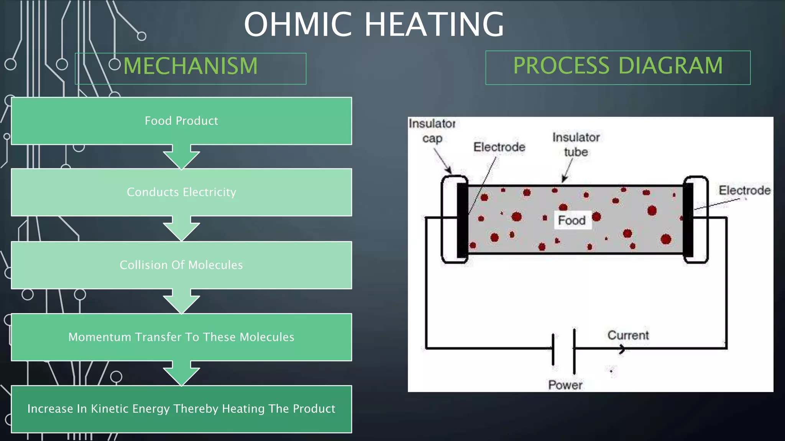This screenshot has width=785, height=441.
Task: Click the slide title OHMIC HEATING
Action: pos(374,24)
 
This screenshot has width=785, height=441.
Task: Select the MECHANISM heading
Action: pos(191,66)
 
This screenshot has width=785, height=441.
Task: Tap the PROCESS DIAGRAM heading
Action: pos(618,66)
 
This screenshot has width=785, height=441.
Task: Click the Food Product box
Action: pos(181,121)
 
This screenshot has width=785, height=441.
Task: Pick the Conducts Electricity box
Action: pos(181,192)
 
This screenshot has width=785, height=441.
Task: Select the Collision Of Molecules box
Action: pos(181,265)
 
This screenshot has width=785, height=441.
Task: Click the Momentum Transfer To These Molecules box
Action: pos(181,337)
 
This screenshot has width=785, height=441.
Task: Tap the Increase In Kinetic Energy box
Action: pos(181,409)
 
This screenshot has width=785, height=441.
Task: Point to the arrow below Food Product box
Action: pos(181,157)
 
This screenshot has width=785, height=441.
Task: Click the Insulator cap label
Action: pos(432,131)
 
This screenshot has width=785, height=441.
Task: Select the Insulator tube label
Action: pos(576,145)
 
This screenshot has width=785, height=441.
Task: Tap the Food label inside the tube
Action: pos(572,220)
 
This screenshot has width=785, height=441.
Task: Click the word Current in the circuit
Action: pos(628,335)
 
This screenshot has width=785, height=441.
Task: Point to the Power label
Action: pos(565,385)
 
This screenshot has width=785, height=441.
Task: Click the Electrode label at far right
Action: pos(744,190)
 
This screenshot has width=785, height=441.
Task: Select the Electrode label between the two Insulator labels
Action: pos(499,147)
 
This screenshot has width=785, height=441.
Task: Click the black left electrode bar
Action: pos(462,220)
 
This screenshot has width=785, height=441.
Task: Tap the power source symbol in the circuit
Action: pos(563,349)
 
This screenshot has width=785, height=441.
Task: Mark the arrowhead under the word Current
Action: pos(622,349)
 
